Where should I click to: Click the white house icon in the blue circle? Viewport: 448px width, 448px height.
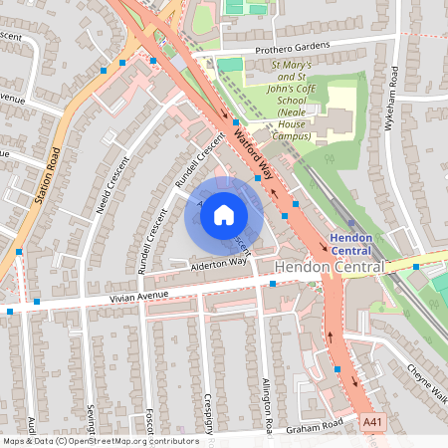[224, 215]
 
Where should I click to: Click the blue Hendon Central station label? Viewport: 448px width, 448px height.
[350, 245]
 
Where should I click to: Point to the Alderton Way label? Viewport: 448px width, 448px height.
[218, 264]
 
